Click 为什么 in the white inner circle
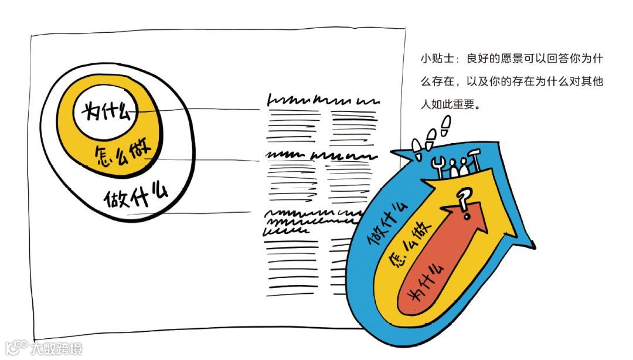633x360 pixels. pos(106,110)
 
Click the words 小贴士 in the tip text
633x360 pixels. pos(433,59)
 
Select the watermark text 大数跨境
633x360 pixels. pos(56,348)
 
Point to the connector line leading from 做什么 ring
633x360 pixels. pos(205,213)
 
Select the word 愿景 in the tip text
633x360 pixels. pos(507,59)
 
